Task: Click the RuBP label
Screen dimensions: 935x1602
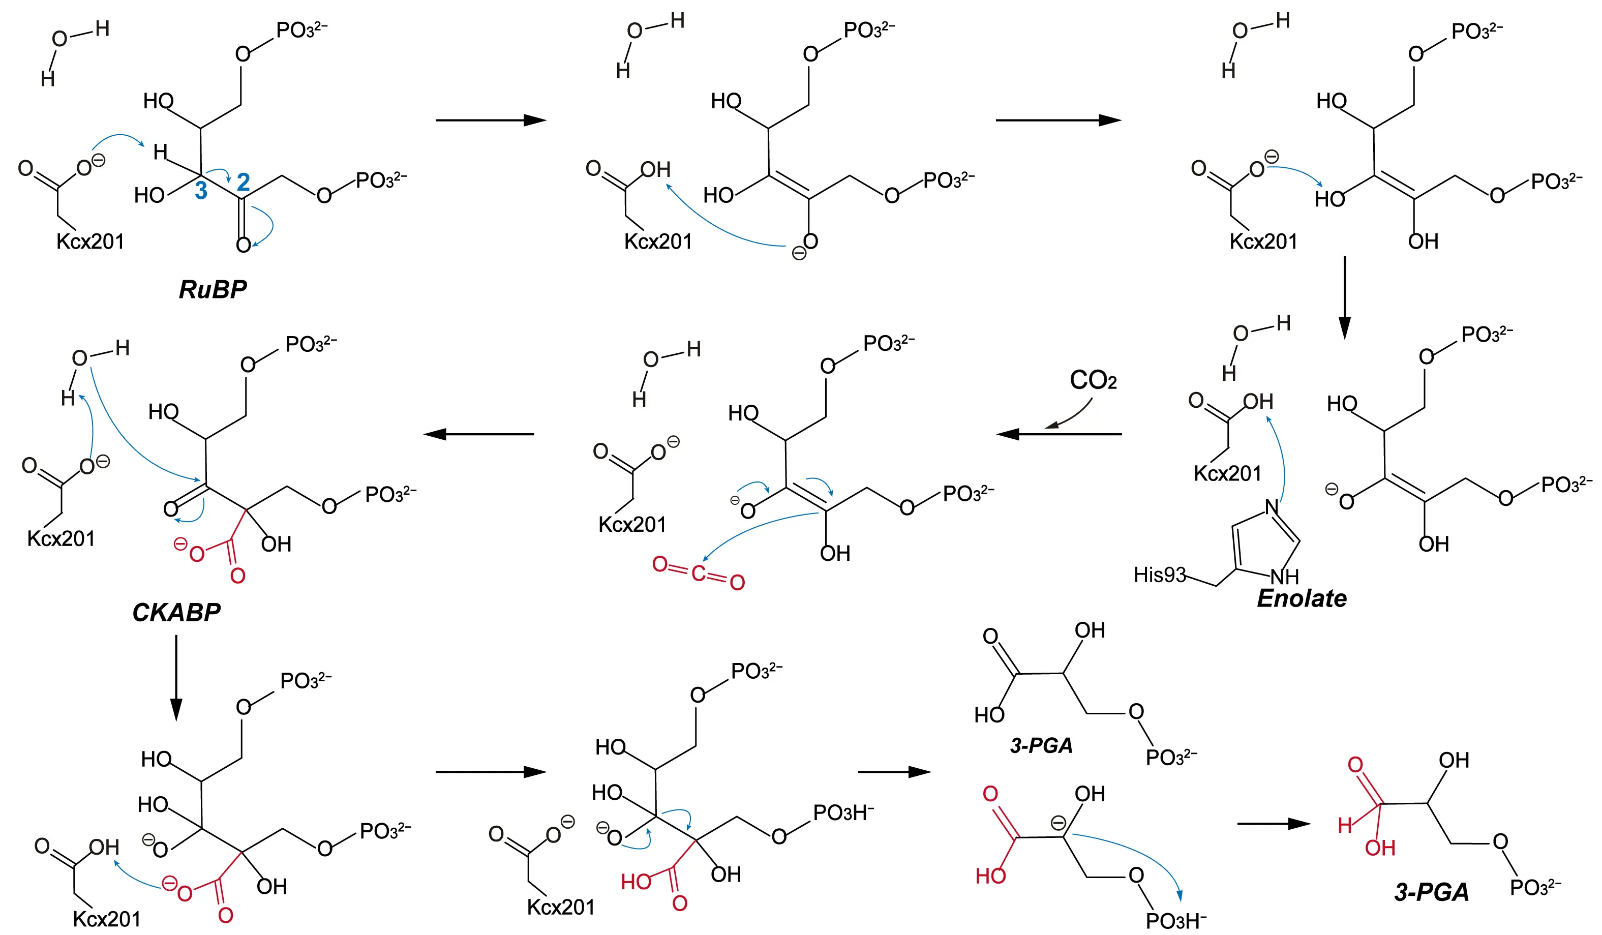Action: point(213,290)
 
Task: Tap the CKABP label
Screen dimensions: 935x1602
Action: point(176,612)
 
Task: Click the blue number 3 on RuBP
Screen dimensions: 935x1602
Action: point(201,190)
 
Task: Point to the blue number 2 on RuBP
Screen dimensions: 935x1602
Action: point(243,183)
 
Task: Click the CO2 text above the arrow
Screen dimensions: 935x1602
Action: point(1093,380)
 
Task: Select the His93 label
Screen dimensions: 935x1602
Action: point(1160,575)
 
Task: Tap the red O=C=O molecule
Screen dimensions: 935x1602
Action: point(698,574)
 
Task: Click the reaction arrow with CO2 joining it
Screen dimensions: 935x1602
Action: point(1059,434)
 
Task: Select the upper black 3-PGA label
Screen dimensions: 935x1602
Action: point(1041,745)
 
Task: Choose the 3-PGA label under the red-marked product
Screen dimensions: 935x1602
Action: point(1431,892)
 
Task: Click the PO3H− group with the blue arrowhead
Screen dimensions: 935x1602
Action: point(1175,920)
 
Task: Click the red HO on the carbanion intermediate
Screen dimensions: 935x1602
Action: point(990,877)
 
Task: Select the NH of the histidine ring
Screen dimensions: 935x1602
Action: point(1285,577)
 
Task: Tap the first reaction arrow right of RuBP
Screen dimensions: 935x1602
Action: point(490,120)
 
